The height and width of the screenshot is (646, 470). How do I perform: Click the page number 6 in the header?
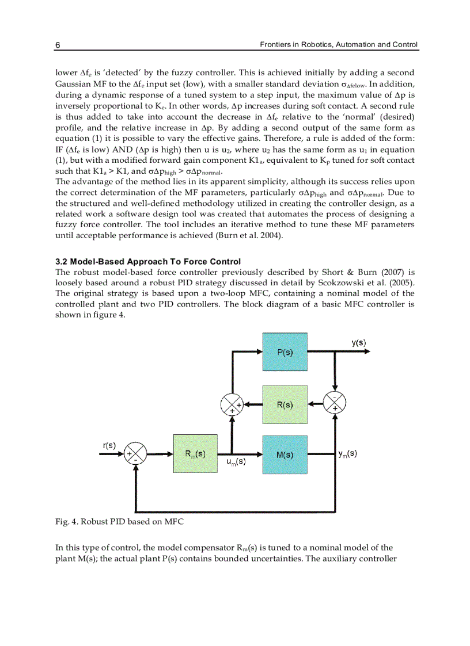coord(58,45)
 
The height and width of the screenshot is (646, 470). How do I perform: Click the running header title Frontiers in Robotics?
coord(338,44)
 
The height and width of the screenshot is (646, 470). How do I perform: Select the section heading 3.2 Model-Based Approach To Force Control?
coord(148,262)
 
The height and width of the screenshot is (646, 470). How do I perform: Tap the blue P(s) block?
coord(285,352)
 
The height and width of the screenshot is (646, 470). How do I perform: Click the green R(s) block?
coord(285,404)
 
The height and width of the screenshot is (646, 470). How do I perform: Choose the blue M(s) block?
coord(285,454)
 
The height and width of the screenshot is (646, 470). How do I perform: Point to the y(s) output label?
coord(358,342)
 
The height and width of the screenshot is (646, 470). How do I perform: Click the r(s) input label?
coord(109,445)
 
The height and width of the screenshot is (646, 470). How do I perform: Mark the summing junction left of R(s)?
coord(232,405)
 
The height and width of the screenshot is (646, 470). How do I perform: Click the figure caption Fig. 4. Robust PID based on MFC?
coord(119,522)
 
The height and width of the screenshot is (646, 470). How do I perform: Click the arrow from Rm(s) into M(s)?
coord(248,454)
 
